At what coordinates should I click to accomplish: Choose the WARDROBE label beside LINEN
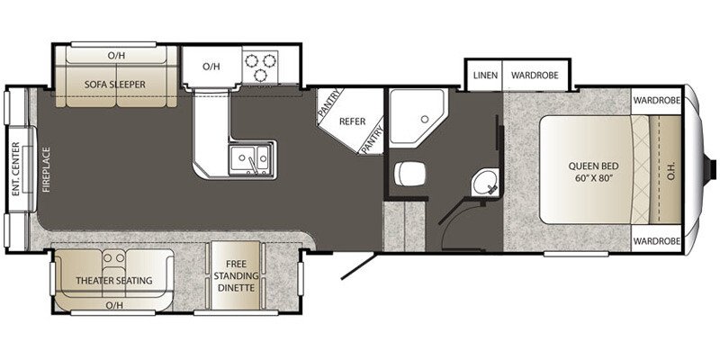(x=537, y=76)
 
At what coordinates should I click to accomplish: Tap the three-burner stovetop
(x=262, y=65)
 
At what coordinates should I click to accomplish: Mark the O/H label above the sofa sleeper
(x=115, y=55)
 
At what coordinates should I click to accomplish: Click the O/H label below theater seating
(x=115, y=305)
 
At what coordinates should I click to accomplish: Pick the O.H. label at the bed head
(x=672, y=170)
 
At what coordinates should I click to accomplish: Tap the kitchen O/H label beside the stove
(x=211, y=66)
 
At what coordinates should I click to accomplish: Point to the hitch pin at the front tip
(x=714, y=169)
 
